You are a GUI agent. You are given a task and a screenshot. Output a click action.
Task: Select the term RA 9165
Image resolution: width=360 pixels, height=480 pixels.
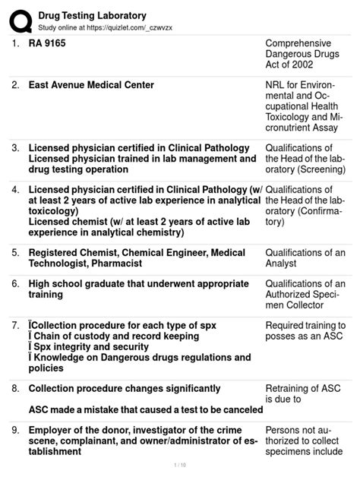click(47, 43)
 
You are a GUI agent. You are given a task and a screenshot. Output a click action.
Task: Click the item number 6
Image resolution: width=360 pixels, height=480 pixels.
click(15, 283)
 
